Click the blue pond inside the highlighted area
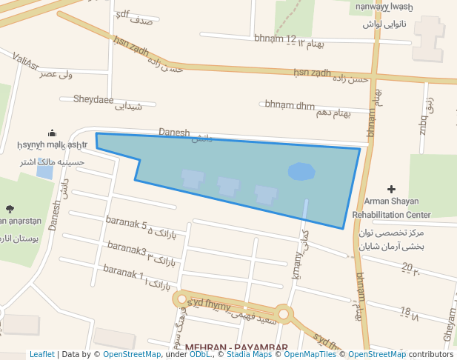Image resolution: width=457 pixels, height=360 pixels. click(301, 172)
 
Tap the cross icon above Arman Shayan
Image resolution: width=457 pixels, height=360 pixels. click(392, 190)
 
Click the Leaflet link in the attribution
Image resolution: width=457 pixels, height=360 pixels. click(42, 354)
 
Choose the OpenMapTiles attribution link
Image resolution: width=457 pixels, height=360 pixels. click(310, 354)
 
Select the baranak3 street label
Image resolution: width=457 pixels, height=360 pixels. click(127, 247)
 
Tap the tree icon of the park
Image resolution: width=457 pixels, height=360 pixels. click(10, 209)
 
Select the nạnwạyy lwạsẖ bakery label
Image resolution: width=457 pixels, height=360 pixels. click(383, 7)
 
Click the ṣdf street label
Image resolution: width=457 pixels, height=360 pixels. click(123, 14)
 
